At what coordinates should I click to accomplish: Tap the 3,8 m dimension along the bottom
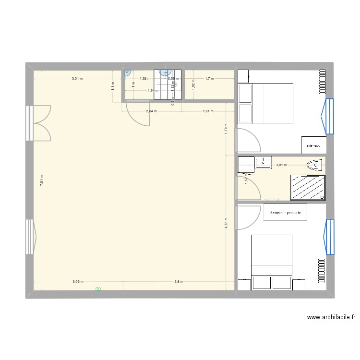click(x=179, y=282)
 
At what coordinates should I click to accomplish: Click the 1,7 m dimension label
click(x=209, y=78)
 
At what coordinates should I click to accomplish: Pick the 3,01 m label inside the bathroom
click(x=281, y=165)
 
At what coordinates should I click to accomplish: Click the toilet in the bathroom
click(x=314, y=166)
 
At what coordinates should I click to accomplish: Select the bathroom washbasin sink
click(x=263, y=163)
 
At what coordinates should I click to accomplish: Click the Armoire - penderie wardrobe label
click(x=285, y=212)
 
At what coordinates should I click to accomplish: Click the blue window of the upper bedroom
click(x=329, y=116)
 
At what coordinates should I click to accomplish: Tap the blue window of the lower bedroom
click(x=329, y=236)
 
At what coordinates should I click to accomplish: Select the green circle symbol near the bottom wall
click(x=98, y=289)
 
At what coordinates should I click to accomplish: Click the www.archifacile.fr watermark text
click(x=332, y=317)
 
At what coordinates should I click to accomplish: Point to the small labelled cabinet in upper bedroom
click(x=314, y=144)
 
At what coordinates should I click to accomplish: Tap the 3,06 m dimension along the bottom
click(x=78, y=282)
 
